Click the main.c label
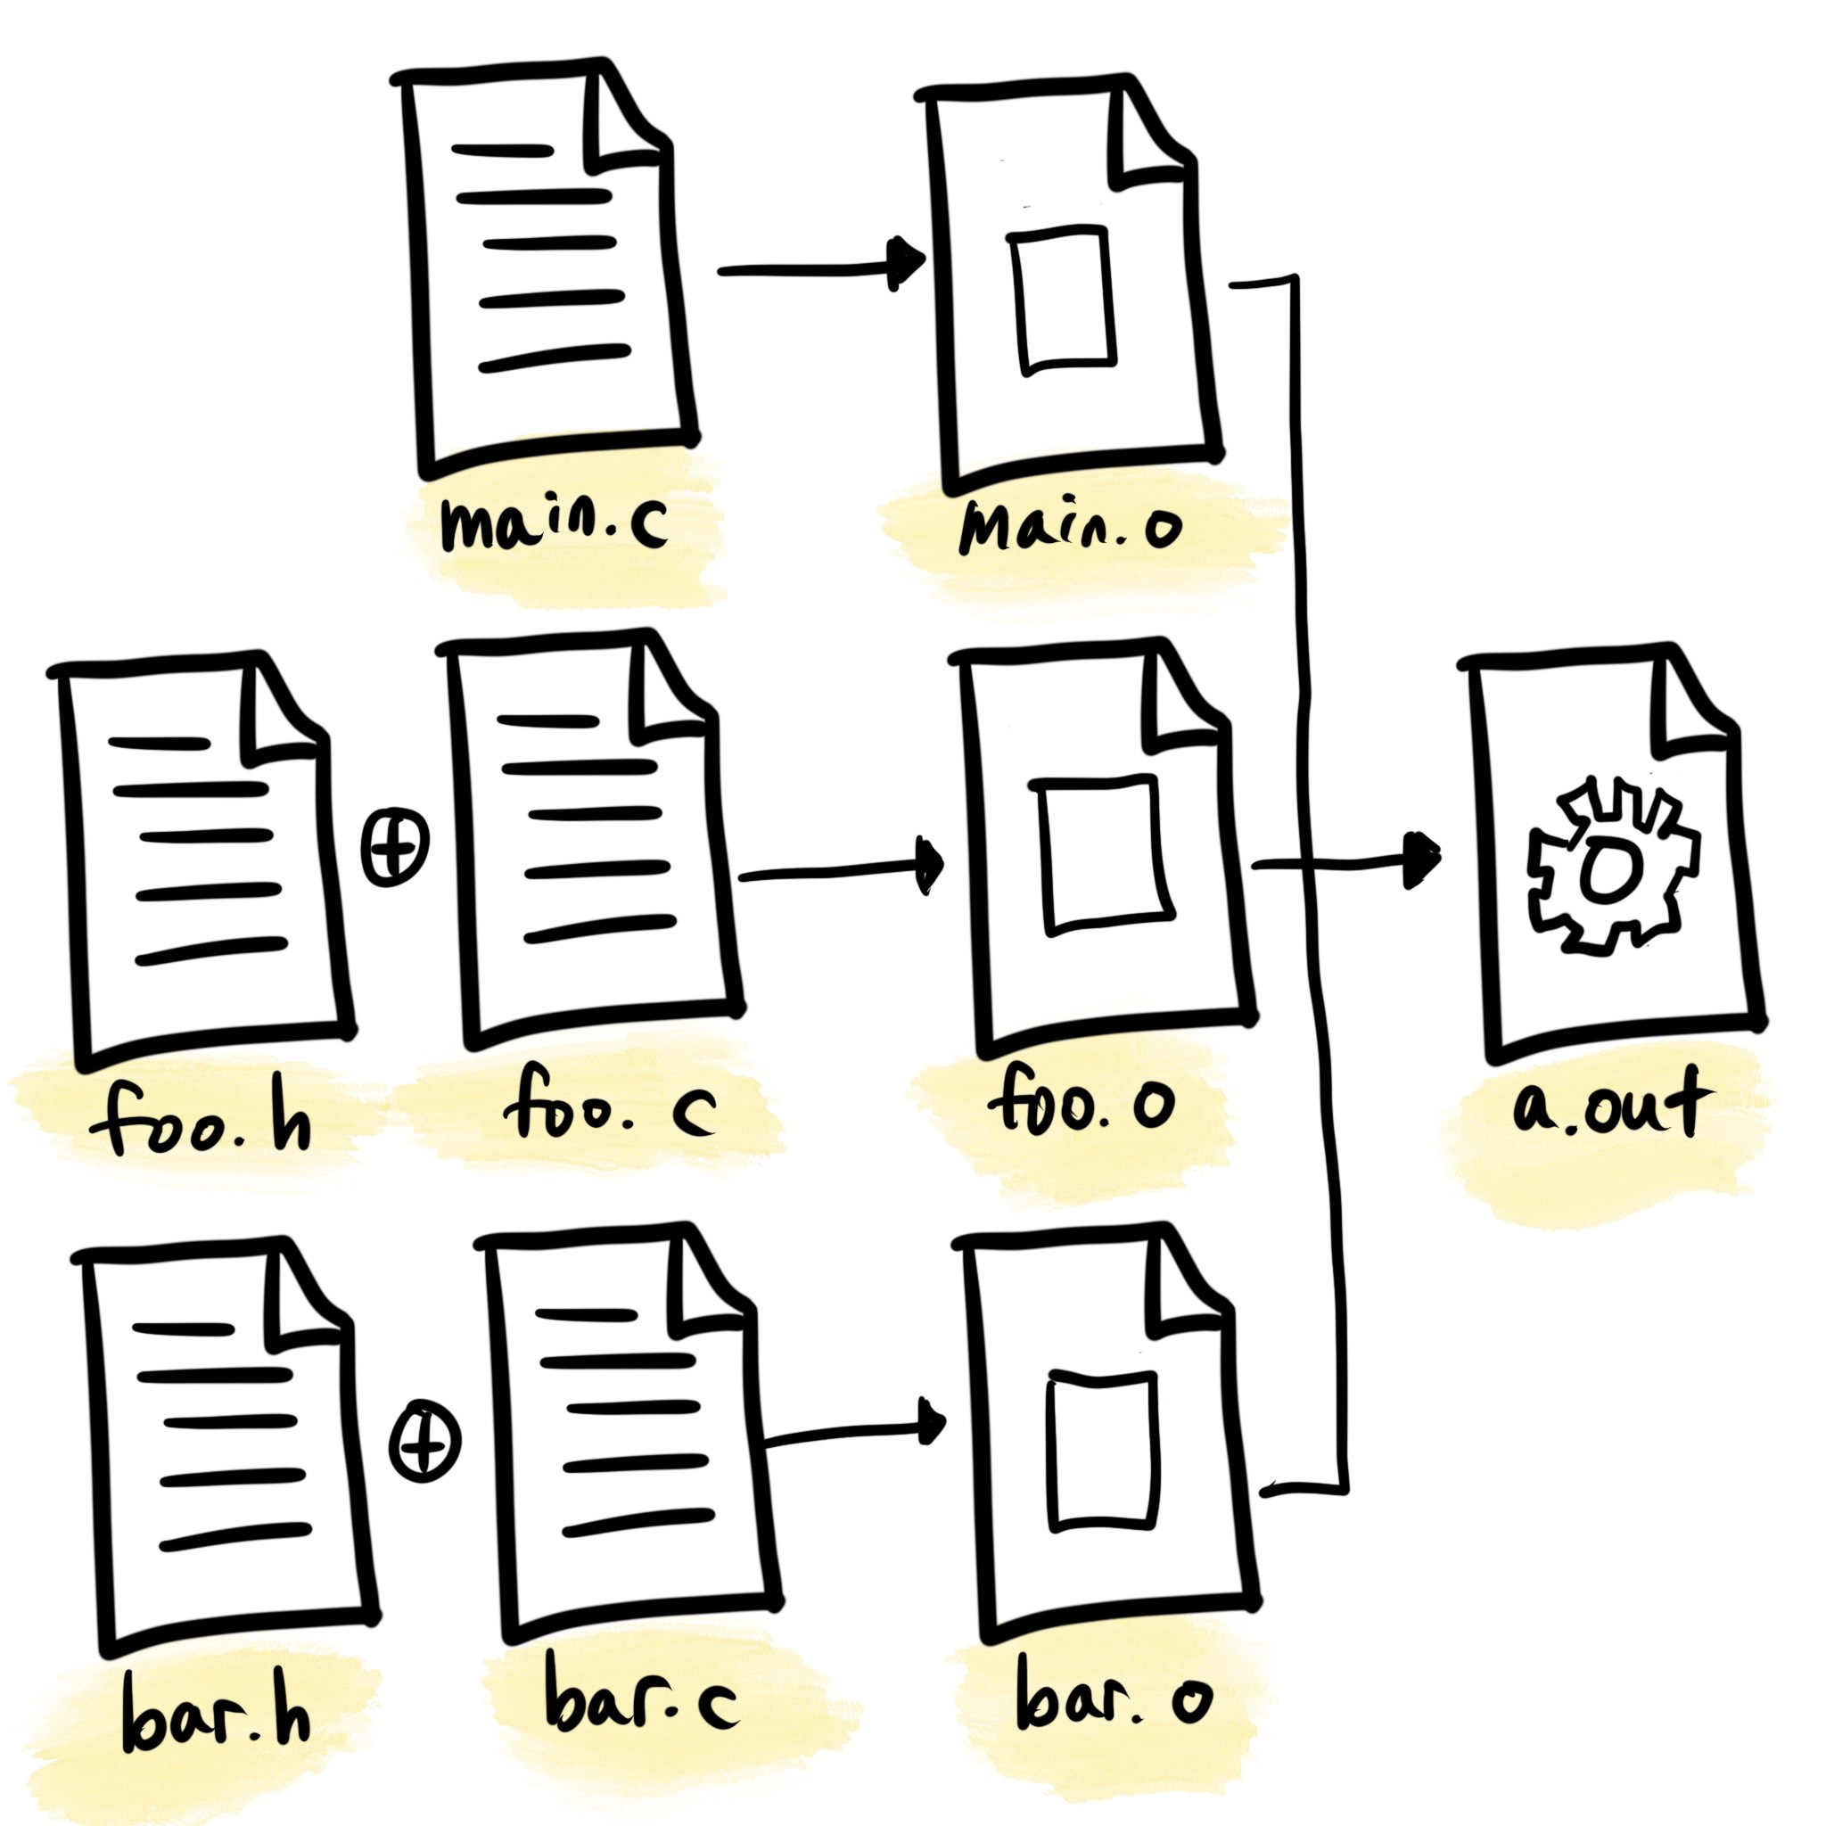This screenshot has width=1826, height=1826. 554,524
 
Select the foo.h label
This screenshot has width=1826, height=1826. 201,1122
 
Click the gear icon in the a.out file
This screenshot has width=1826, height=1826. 1612,868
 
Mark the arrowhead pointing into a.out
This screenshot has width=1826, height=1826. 1422,860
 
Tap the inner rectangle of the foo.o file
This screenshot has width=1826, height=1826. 1103,855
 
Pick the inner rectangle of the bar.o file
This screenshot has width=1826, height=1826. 1103,1449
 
